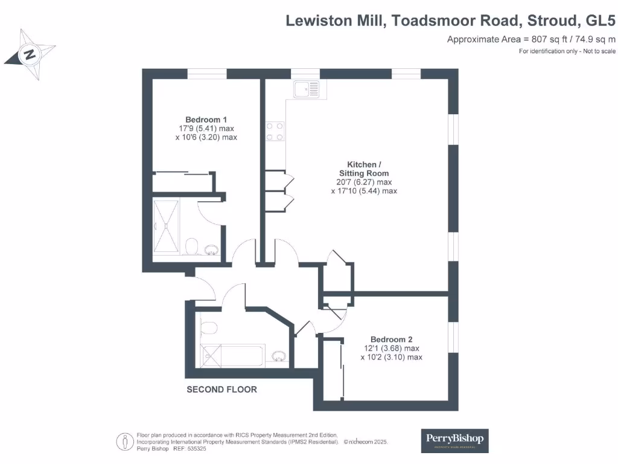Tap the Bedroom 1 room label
click(x=206, y=120)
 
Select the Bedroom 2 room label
click(x=391, y=340)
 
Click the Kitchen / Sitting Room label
click(x=364, y=169)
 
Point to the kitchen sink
click(x=307, y=90)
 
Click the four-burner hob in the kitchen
click(x=275, y=131)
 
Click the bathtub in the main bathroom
click(x=233, y=355)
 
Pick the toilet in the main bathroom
click(x=208, y=328)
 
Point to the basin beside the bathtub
click(x=279, y=356)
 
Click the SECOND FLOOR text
click(x=221, y=390)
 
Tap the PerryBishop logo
click(x=454, y=440)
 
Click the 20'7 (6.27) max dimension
click(x=364, y=182)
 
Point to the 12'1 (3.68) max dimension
click(x=391, y=349)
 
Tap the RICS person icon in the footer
click(x=125, y=441)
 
